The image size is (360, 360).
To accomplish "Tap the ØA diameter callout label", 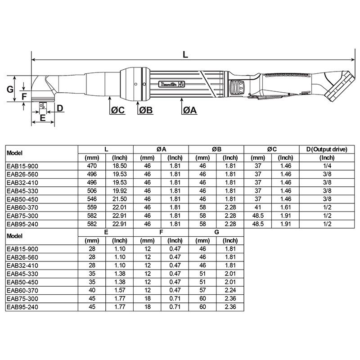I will [x=190, y=110].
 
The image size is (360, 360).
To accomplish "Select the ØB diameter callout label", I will [x=146, y=110].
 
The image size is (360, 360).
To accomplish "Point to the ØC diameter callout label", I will [x=117, y=110].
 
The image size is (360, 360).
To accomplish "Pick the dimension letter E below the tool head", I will [x=42, y=118].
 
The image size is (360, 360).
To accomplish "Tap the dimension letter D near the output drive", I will [x=60, y=108].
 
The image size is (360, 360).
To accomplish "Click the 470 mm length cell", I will [x=92, y=166].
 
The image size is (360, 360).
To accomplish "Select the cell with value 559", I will [x=92, y=207].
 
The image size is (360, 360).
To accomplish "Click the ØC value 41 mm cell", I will [x=258, y=207].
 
